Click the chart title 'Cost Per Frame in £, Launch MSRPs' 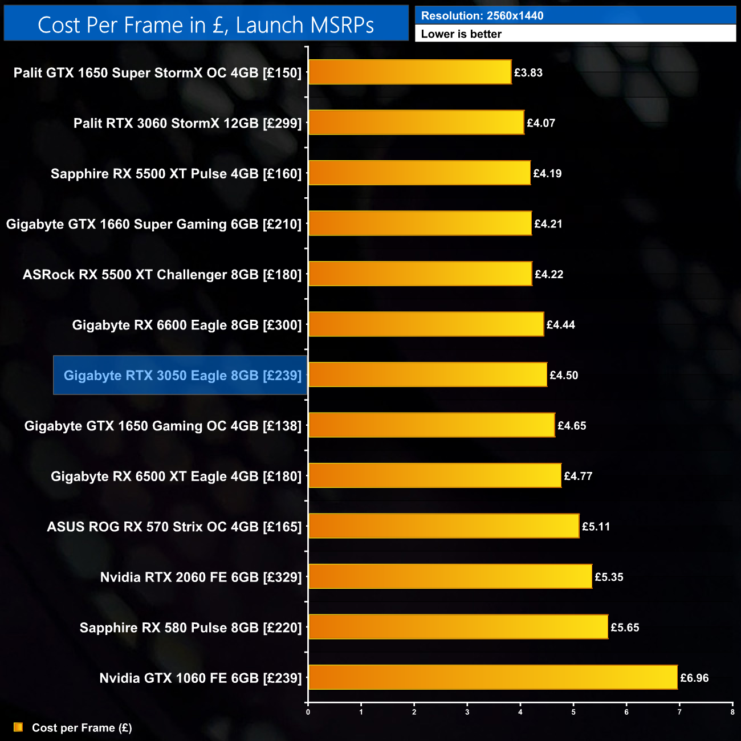206,25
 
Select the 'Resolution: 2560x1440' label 482,16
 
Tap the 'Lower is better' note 461,34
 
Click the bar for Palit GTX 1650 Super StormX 409,72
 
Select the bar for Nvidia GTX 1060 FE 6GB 492,677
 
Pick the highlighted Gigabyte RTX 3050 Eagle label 182,375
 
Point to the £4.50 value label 564,375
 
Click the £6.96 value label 694,678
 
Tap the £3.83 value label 528,72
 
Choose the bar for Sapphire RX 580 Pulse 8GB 458,627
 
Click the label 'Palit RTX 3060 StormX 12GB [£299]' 188,123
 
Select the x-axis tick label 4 520,712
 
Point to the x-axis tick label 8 732,712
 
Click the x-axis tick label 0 308,712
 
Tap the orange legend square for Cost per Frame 18,727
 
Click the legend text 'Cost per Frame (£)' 82,728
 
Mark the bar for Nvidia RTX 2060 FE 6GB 450,576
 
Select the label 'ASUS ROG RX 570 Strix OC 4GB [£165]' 174,527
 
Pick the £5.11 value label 596,527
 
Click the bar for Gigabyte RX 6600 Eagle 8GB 426,324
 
